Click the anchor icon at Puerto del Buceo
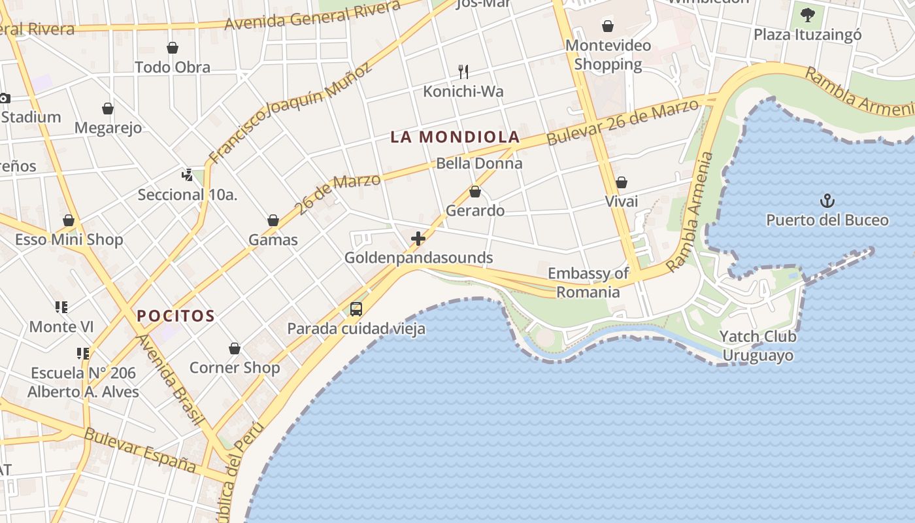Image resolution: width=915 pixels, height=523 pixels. click(x=827, y=200)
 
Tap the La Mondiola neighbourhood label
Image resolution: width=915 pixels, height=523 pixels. click(x=455, y=137)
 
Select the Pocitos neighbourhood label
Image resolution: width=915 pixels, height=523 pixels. click(x=176, y=316)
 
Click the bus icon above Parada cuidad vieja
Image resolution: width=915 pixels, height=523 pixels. click(x=356, y=309)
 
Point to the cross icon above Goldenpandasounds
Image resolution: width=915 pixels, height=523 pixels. click(x=418, y=239)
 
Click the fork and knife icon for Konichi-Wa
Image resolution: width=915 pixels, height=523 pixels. click(x=463, y=71)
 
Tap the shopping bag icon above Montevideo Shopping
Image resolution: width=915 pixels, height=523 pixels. click(x=608, y=26)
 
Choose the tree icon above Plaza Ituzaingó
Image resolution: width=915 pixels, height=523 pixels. click(x=808, y=14)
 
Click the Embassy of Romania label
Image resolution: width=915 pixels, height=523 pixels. click(x=588, y=282)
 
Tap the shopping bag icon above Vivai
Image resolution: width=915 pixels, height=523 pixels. click(x=622, y=182)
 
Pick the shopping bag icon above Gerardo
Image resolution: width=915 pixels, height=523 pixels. click(x=475, y=192)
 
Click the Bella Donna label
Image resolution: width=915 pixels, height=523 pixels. click(x=479, y=163)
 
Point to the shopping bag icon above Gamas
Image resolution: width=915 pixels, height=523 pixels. click(x=273, y=221)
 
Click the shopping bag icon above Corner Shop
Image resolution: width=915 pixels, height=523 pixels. click(x=235, y=349)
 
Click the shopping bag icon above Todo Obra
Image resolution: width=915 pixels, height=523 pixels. click(x=173, y=48)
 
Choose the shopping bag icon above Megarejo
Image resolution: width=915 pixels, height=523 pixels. click(x=108, y=109)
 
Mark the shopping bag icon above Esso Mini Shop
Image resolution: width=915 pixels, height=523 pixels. click(x=69, y=221)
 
